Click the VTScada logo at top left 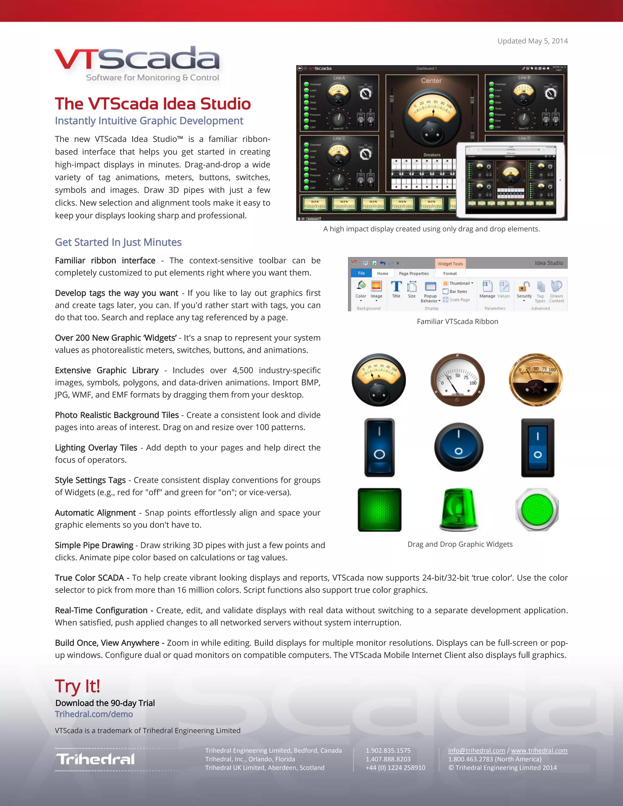(x=137, y=63)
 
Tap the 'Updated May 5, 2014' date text (x=532, y=41)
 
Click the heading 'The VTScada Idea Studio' (x=153, y=104)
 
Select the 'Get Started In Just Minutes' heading (x=118, y=242)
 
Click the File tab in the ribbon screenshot (x=361, y=273)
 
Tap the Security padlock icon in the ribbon (x=524, y=287)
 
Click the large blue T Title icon (x=396, y=287)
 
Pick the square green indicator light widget (x=379, y=510)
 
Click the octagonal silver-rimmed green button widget (x=537, y=510)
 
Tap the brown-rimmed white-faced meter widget (x=458, y=380)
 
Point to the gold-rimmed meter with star (x=536, y=380)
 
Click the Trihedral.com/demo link (x=94, y=714)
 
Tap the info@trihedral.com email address (x=476, y=751)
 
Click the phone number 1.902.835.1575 (x=388, y=751)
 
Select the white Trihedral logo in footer (x=96, y=759)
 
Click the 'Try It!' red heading (x=78, y=686)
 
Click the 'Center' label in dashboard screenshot (x=431, y=81)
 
